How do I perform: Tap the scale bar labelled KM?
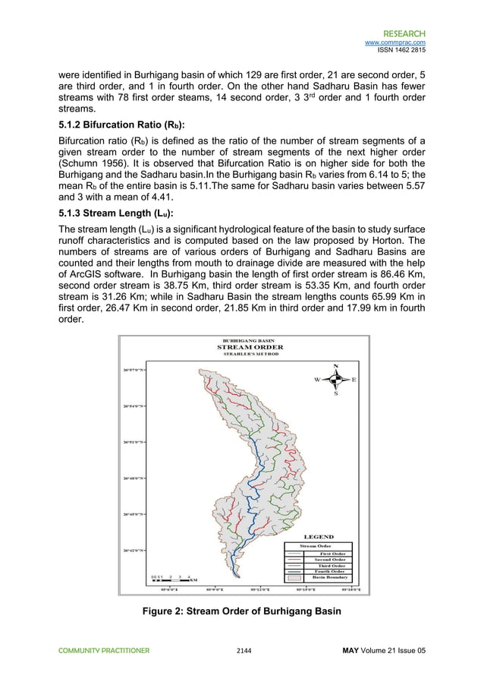coord(171,579)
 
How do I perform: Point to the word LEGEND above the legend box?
coord(319,536)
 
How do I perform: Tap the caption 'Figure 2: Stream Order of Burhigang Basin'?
coord(242,611)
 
